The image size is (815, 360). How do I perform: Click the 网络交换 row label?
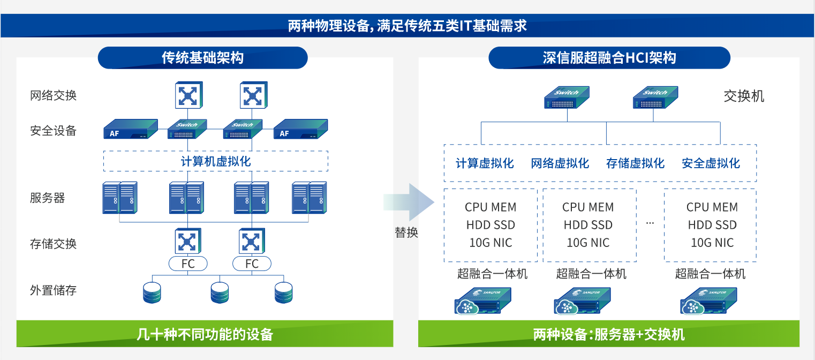53,96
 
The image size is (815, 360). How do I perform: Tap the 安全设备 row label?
53,131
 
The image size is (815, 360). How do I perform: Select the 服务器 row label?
47,198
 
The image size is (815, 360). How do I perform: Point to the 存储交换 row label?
53,244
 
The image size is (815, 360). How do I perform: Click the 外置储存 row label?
53,291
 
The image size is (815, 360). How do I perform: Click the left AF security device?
130,130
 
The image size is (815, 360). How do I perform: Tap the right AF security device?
300,130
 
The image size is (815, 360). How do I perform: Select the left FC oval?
188,264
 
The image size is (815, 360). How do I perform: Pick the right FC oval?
252,264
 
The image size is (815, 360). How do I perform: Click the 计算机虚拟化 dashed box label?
215,161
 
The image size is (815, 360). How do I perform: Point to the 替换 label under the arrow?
406,232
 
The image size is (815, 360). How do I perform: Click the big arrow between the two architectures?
410,202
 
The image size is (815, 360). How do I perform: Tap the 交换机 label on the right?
744,96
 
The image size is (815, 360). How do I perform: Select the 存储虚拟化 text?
635,163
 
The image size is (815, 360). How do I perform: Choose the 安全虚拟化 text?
711,163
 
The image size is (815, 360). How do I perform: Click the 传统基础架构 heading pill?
202,58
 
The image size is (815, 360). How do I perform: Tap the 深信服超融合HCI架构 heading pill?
609,58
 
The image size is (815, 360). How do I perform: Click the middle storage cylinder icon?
220,292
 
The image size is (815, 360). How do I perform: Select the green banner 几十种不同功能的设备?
205,334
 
